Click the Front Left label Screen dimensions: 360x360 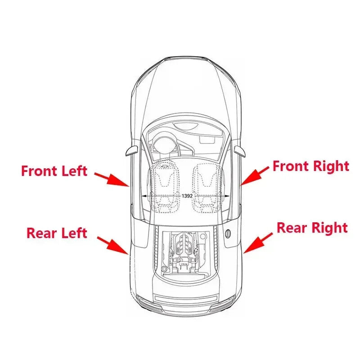[x=54, y=171]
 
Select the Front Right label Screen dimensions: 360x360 [x=311, y=166]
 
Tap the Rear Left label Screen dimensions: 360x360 [x=57, y=233]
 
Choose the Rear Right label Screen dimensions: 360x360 [x=312, y=228]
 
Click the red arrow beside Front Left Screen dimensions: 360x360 [x=112, y=179]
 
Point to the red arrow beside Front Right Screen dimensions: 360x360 [x=255, y=176]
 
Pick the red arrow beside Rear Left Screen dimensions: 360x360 [x=113, y=245]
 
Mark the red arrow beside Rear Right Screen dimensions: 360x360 [x=258, y=243]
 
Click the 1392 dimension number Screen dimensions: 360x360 [x=187, y=196]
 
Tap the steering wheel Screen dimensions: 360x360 [x=164, y=144]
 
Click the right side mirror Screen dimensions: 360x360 [x=240, y=151]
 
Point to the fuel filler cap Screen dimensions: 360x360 [x=228, y=233]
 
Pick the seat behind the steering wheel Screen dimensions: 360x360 [x=164, y=186]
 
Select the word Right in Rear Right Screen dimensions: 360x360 [x=330, y=229]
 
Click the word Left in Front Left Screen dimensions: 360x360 [x=74, y=171]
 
